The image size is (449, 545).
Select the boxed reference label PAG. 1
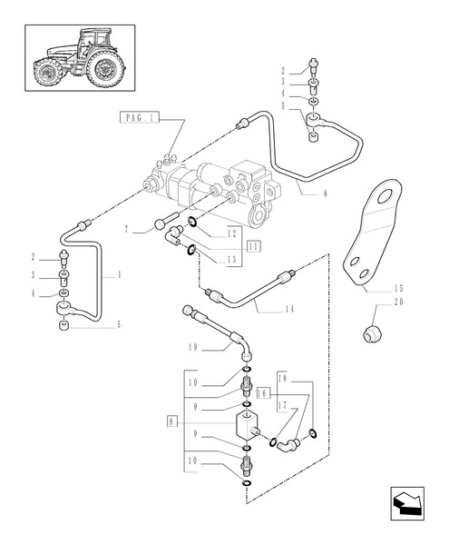click(x=139, y=118)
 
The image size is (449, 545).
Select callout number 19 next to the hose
click(x=193, y=348)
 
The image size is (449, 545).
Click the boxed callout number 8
click(x=172, y=421)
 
